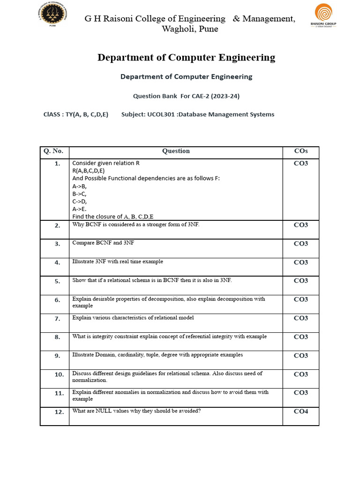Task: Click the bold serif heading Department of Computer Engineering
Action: tap(186, 58)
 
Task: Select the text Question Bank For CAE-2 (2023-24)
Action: tap(186, 96)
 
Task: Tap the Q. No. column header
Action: tap(53, 151)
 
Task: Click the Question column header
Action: tap(176, 151)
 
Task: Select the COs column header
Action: tap(300, 151)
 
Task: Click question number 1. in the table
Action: tap(57, 164)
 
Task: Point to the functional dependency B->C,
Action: tap(79, 194)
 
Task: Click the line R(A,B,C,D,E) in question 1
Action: tap(91, 171)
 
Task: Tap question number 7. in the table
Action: tap(57, 319)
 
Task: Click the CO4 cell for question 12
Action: tap(300, 412)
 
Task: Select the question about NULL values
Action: tap(136, 411)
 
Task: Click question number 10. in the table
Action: tap(59, 375)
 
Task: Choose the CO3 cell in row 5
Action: tap(300, 281)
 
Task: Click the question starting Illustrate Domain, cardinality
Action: tap(157, 355)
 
